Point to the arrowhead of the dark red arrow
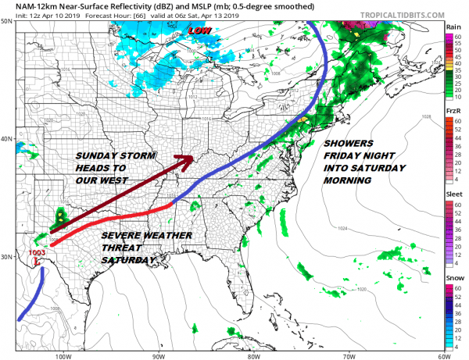(x=186, y=160)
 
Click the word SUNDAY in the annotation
(x=98, y=155)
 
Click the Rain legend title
(x=453, y=27)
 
